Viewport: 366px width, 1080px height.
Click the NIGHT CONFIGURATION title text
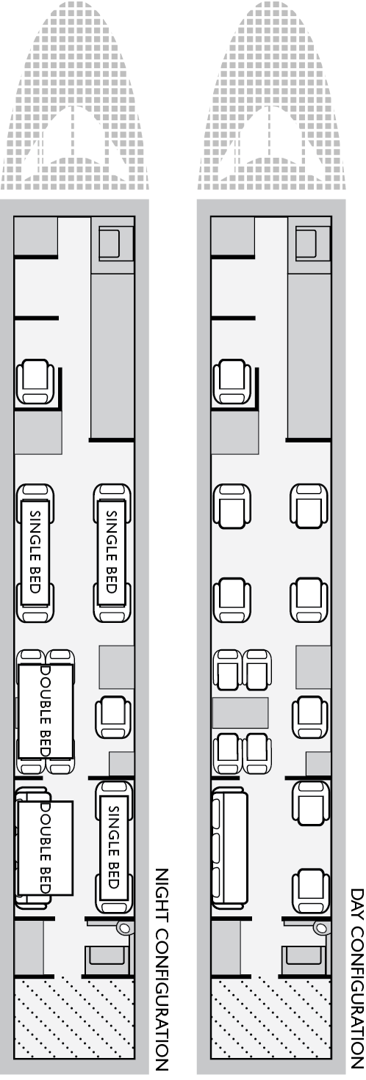(x=161, y=970)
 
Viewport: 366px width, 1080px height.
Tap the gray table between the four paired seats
(x=240, y=712)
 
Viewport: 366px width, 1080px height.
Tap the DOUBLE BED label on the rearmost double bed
(x=46, y=847)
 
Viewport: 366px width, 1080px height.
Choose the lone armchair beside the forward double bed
(x=113, y=718)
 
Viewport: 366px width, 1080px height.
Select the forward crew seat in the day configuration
(x=232, y=382)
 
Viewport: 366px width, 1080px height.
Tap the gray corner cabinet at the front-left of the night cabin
(x=36, y=236)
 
